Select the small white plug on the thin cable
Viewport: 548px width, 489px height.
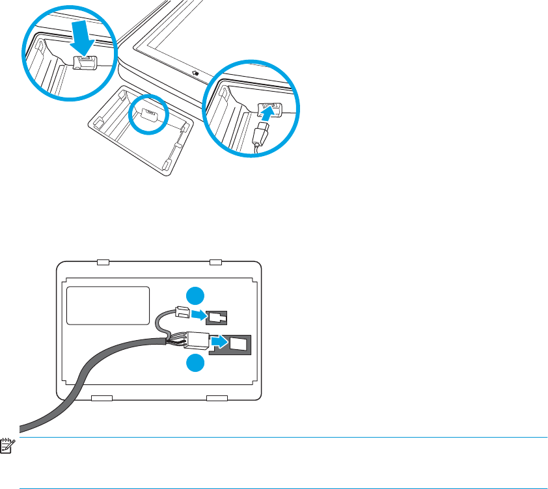pyautogui.click(x=181, y=313)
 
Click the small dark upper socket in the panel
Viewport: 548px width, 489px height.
pyautogui.click(x=216, y=318)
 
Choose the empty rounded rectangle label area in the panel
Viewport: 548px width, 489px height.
pyautogui.click(x=108, y=306)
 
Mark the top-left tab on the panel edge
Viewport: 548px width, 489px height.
pyautogui.click(x=103, y=262)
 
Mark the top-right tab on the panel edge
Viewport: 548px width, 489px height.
pyautogui.click(x=215, y=262)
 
